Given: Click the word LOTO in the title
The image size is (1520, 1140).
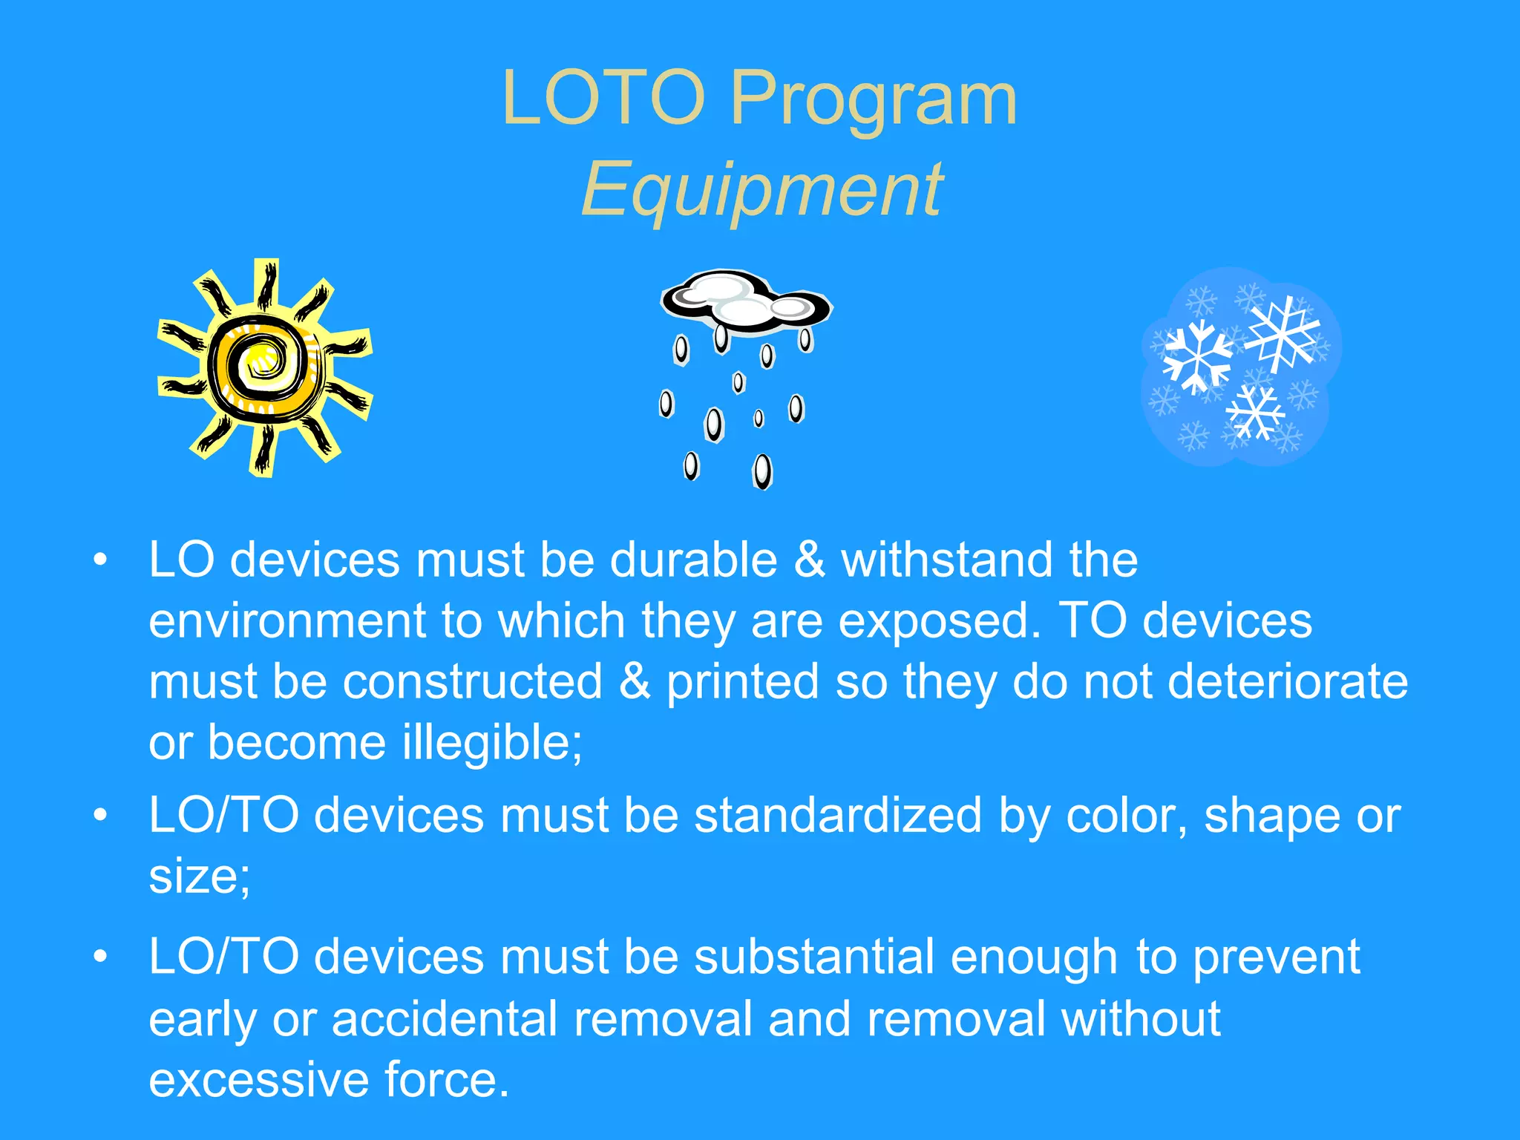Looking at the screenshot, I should coord(603,98).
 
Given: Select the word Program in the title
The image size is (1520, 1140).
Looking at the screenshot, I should coord(874,102).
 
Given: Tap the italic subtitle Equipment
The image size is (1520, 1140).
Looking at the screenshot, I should coord(762,191).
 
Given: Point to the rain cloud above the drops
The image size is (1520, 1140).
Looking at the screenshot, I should coord(746,301).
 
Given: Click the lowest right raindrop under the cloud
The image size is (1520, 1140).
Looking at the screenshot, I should coord(762,471).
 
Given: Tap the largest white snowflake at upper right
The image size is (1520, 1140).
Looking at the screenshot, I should coord(1282,334).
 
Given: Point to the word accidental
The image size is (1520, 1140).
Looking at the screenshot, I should coord(445,1018).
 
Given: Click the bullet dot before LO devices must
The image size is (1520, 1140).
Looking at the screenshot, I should coord(101,560).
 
